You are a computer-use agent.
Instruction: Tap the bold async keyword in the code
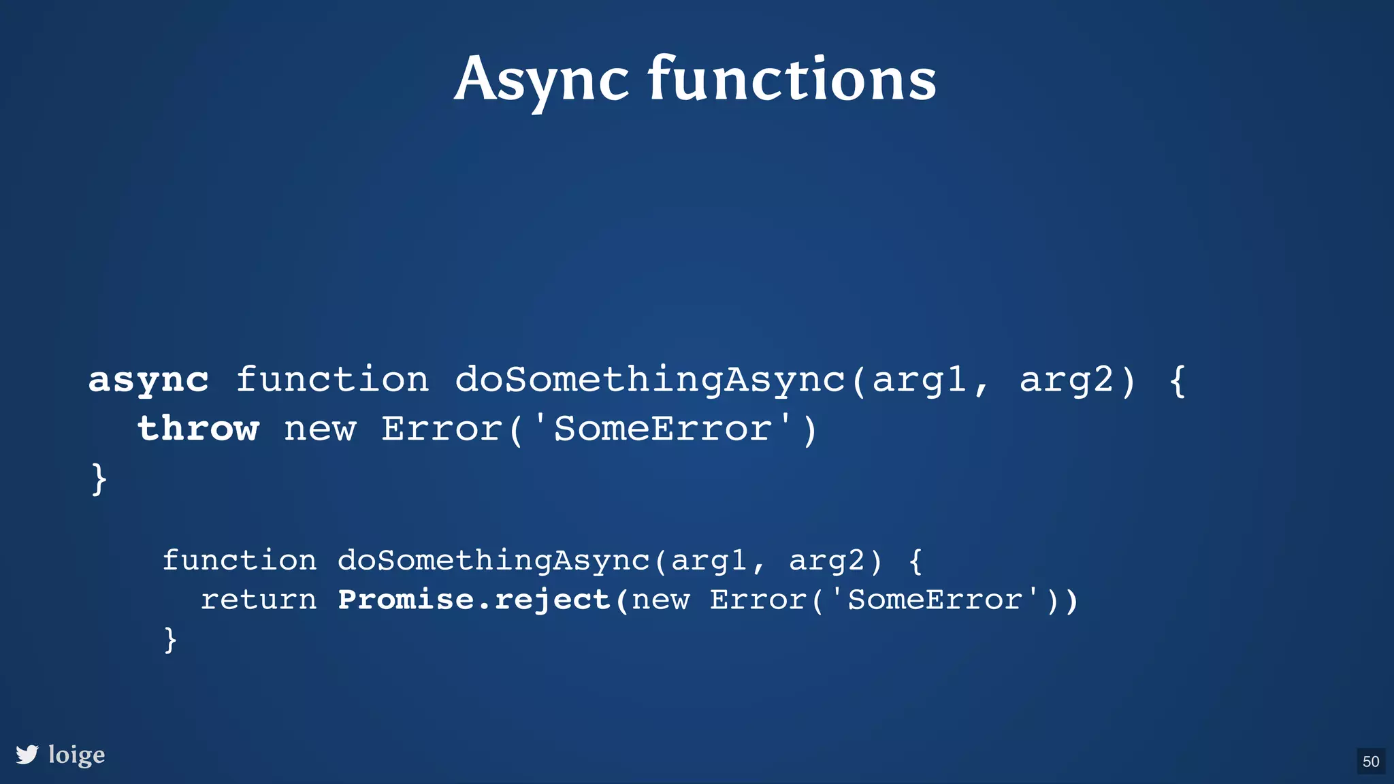[x=148, y=380]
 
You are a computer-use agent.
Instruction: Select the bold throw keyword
[x=198, y=429]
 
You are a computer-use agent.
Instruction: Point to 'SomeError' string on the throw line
[x=664, y=429]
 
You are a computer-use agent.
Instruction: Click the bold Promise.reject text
[x=474, y=600]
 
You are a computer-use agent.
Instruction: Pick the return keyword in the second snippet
[x=259, y=600]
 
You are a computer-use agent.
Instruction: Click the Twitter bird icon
[x=27, y=755]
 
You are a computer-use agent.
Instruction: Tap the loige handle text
[x=77, y=755]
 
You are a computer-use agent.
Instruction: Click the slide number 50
[x=1371, y=762]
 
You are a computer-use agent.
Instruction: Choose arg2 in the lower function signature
[x=827, y=561]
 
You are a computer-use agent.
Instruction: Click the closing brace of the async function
[x=99, y=478]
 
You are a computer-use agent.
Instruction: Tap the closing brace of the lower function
[x=170, y=640]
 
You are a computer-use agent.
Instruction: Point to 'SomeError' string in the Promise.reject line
[x=935, y=600]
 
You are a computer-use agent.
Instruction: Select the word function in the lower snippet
[x=240, y=560]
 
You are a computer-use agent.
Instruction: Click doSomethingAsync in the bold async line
[x=650, y=380]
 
